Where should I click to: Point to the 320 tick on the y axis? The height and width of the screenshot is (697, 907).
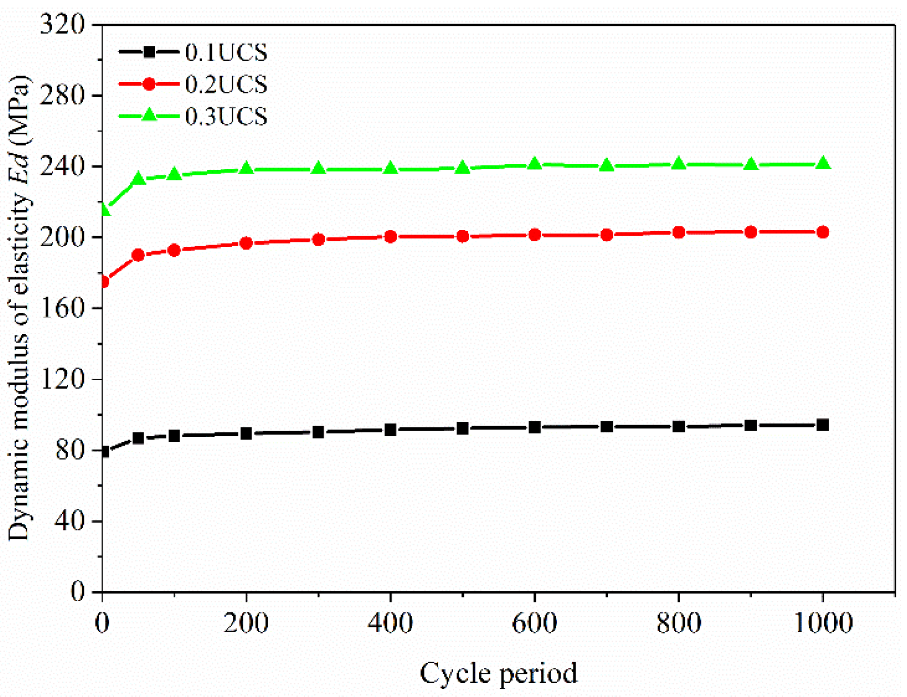click(x=62, y=24)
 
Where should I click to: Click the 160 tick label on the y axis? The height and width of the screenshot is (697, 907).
click(x=62, y=308)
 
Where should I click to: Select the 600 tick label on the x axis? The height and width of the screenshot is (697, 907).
click(x=534, y=623)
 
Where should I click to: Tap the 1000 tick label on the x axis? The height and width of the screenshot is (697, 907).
click(x=823, y=623)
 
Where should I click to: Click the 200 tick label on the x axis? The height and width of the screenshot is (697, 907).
click(x=246, y=623)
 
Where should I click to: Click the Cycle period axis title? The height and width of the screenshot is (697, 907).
click(x=498, y=673)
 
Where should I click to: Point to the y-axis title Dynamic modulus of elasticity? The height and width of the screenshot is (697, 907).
click(x=19, y=308)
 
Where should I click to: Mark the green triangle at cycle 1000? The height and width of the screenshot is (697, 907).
click(x=823, y=163)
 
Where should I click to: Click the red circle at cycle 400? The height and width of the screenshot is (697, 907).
click(x=390, y=237)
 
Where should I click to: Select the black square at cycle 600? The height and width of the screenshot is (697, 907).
click(x=535, y=427)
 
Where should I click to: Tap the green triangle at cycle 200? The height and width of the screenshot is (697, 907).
click(x=246, y=168)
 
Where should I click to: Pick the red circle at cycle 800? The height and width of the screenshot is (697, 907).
click(x=679, y=233)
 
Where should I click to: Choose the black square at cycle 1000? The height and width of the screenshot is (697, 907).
click(x=823, y=425)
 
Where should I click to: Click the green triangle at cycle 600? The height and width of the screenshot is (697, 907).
click(x=535, y=164)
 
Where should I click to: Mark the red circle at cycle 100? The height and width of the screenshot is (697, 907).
click(x=174, y=250)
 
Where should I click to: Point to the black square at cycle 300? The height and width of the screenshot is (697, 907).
click(x=318, y=432)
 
